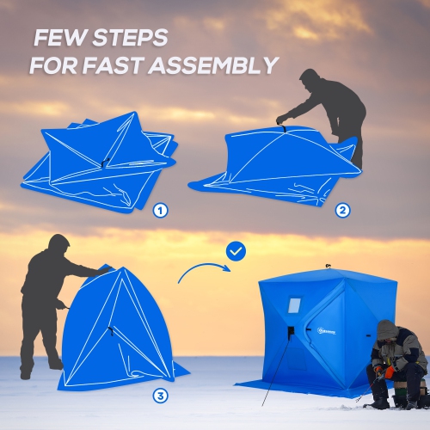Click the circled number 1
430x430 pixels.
[x=160, y=210]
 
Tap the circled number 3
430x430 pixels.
[x=160, y=396]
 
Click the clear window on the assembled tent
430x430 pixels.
[x=295, y=305]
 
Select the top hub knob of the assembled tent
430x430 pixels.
[x=328, y=267]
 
